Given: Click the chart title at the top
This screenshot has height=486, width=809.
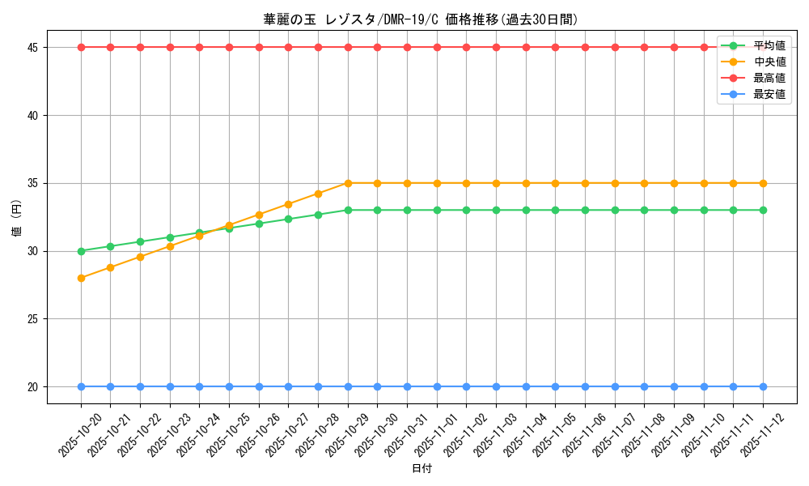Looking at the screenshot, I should click(x=421, y=19).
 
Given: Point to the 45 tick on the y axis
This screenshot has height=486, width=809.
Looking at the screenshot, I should click(x=32, y=48).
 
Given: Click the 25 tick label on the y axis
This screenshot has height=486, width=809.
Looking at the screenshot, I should click(x=32, y=319).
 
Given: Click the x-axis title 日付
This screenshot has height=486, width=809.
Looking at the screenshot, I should click(x=421, y=469).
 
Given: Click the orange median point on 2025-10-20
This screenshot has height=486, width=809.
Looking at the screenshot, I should click(x=81, y=278).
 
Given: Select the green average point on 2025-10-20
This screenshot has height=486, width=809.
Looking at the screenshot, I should click(x=81, y=251).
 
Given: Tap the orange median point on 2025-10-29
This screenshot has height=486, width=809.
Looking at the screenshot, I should click(x=348, y=183).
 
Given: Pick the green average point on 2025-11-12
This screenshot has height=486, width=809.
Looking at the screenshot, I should click(x=763, y=210).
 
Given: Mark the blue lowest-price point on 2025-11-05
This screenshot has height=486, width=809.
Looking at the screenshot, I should click(x=555, y=386).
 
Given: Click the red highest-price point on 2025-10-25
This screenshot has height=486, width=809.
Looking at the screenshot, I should click(x=229, y=47).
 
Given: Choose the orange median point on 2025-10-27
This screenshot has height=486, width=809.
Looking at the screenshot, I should click(x=288, y=204).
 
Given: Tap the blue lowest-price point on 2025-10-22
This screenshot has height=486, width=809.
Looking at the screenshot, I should click(x=140, y=386).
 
